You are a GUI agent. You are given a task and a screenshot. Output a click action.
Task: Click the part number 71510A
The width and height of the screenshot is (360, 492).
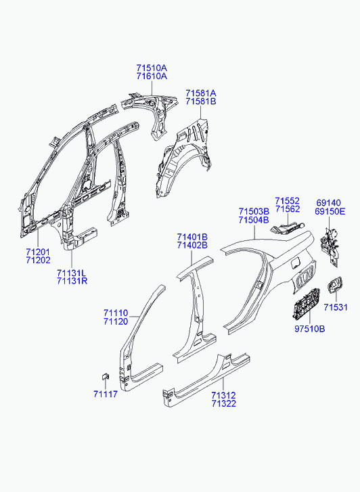[152, 68]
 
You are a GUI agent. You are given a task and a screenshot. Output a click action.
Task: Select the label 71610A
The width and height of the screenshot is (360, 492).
[152, 76]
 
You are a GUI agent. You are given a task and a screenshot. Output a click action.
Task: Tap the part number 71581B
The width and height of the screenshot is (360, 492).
[200, 102]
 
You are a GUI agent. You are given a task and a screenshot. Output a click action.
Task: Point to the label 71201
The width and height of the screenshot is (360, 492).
[38, 252]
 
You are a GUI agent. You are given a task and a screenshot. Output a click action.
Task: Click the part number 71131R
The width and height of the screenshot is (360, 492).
[72, 281]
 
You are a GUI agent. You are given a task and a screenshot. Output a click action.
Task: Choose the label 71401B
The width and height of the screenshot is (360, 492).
[192, 237]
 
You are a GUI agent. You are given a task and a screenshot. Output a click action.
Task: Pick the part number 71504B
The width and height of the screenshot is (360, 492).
[254, 220]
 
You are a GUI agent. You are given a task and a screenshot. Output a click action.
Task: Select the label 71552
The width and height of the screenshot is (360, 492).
[287, 201]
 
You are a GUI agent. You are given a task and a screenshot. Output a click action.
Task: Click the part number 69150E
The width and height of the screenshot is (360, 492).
[330, 211]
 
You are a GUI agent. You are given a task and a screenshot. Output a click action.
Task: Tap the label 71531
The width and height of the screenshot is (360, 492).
[336, 307]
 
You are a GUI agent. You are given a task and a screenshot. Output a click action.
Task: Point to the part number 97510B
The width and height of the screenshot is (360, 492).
[310, 329]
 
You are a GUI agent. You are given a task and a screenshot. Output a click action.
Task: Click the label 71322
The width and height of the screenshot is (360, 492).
[223, 403]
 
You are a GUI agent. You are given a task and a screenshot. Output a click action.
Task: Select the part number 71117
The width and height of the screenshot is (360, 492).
[106, 394]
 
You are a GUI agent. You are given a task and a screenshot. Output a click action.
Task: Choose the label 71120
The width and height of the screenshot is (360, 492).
[116, 321]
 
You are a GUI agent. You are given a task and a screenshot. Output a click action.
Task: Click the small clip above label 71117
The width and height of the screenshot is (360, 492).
[105, 376]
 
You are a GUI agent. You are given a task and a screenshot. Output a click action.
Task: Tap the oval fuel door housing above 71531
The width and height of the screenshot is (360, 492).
[335, 284]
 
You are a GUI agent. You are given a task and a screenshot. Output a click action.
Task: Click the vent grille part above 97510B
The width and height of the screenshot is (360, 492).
[306, 305]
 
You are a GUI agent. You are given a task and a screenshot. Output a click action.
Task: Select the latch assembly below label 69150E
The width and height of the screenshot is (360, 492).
[330, 247]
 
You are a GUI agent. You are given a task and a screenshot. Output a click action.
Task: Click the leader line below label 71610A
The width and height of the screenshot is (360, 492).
[152, 89]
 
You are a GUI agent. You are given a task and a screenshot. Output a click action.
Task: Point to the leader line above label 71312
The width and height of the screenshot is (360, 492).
[223, 384]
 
